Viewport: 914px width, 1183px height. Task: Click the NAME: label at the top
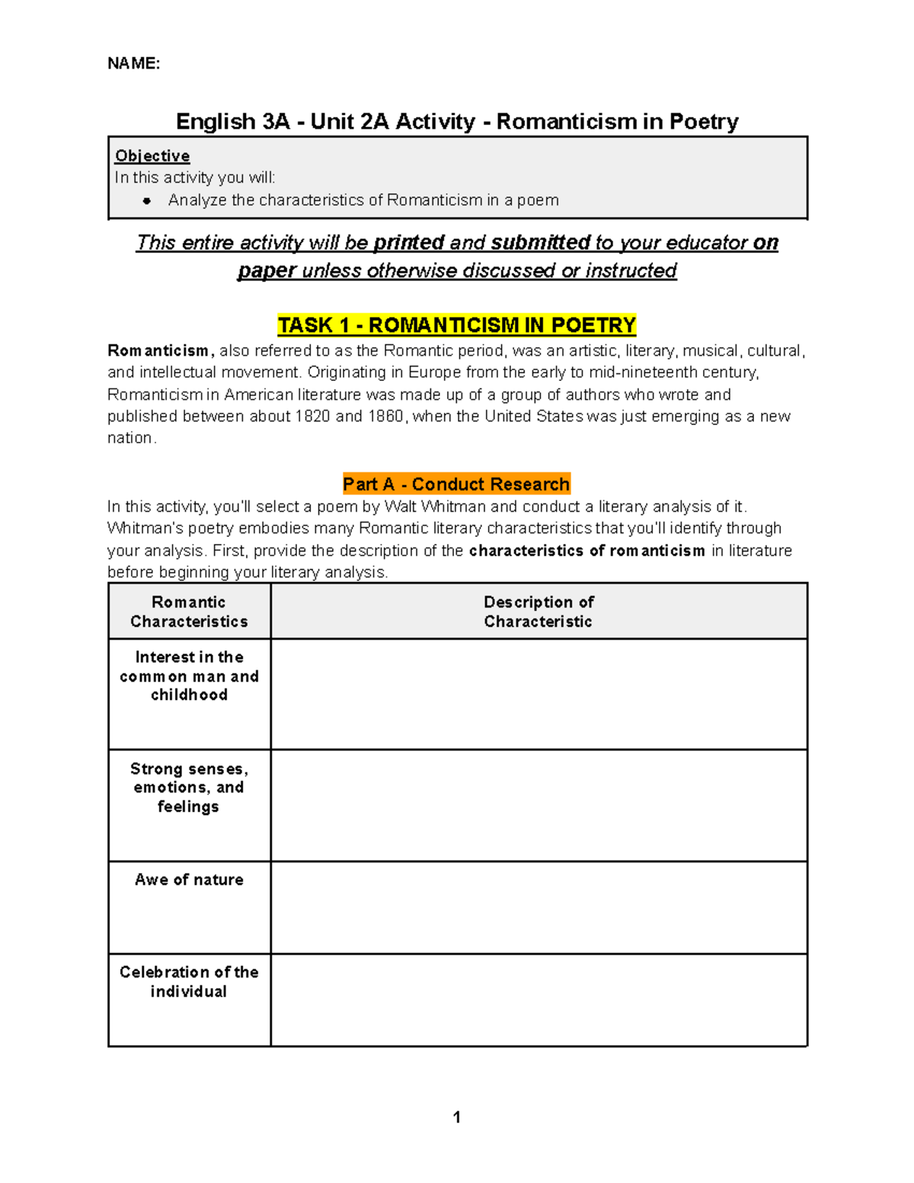click(x=133, y=63)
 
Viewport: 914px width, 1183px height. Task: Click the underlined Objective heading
click(x=152, y=156)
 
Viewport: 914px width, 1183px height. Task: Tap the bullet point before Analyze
click(x=147, y=201)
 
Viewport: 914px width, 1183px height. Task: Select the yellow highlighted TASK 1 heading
click(x=456, y=325)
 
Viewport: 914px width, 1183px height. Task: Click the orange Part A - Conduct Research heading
click(x=456, y=484)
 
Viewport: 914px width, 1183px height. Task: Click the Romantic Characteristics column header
click(x=189, y=612)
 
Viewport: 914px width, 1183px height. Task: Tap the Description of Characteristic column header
click(x=538, y=612)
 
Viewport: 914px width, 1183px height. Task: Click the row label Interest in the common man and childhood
click(x=189, y=676)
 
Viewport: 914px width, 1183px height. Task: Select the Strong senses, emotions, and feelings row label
click(x=189, y=788)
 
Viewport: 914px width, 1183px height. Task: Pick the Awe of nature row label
click(x=189, y=880)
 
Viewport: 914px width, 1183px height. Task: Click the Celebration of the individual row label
click(x=189, y=982)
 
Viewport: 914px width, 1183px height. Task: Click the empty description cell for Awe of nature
click(x=538, y=907)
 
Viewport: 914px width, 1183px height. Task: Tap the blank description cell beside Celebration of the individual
click(x=538, y=1000)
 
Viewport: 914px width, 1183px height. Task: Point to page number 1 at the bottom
click(x=456, y=1117)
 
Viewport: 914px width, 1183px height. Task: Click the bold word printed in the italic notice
click(x=409, y=243)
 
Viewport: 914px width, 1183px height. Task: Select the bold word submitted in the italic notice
click(x=540, y=243)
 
